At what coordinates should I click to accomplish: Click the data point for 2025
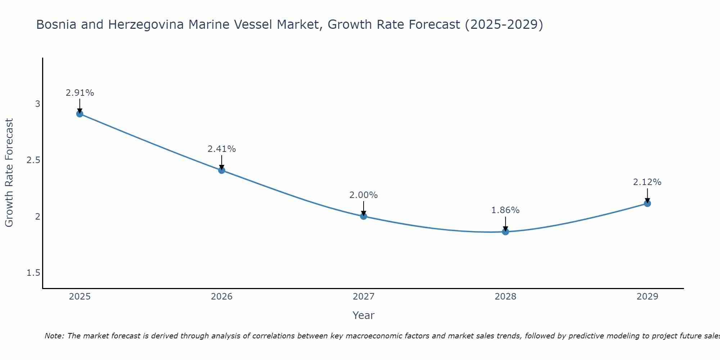coord(80,114)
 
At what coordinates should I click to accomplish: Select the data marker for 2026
coord(222,170)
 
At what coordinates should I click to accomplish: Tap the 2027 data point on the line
coord(364,216)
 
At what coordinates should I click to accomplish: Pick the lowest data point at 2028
coord(505,231)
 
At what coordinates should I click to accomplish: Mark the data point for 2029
coord(647,203)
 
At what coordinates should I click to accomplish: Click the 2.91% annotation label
coord(80,93)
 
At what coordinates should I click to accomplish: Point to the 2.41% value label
coord(222,149)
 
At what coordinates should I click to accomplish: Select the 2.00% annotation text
coord(364,195)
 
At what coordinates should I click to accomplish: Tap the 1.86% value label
coord(505,210)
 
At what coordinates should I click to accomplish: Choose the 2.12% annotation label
coord(647,182)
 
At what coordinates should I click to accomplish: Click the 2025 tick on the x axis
coord(80,297)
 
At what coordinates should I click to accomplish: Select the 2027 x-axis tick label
coord(364,297)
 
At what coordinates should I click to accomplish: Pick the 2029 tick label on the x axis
coord(647,297)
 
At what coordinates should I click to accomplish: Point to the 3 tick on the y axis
coord(37,104)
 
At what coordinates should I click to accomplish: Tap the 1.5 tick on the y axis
coord(33,273)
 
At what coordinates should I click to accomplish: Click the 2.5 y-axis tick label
coord(33,160)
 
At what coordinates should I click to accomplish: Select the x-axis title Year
coord(364,315)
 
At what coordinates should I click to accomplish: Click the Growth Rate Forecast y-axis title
coord(9,173)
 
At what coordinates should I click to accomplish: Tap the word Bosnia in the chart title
coord(56,25)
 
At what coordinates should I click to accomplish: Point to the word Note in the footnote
coord(54,336)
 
